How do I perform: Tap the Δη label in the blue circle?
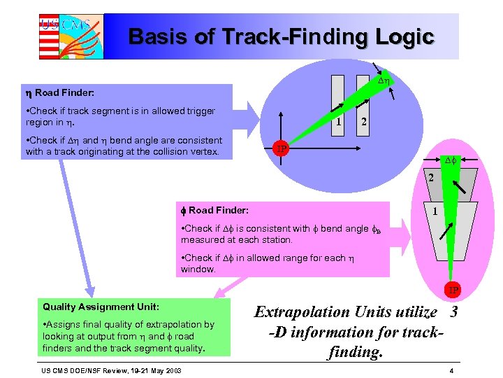pos(384,83)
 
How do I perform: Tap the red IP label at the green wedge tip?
pos(453,290)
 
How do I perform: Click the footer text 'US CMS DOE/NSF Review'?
pos(87,370)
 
